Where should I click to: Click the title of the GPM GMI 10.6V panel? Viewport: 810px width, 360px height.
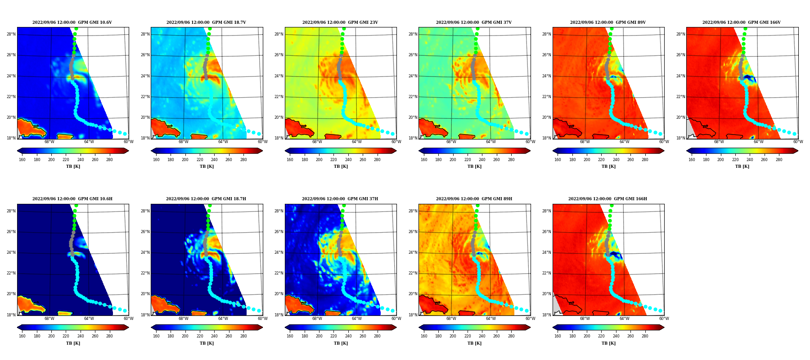[x=72, y=22]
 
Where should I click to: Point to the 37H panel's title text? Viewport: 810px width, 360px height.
[x=340, y=199]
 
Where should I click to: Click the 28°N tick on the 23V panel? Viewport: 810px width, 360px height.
[x=279, y=34]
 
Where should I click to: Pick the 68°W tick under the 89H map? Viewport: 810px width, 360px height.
[x=451, y=319]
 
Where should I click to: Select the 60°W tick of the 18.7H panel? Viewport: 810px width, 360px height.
[x=262, y=319]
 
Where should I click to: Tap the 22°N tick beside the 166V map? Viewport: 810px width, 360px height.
[x=680, y=97]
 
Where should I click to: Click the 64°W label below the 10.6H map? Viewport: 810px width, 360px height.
[x=89, y=319]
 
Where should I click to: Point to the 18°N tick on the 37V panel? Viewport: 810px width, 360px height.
[x=413, y=138]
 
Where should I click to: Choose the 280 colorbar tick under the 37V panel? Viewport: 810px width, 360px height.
[x=511, y=160]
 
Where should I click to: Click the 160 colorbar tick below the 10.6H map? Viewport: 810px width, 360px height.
[x=22, y=336]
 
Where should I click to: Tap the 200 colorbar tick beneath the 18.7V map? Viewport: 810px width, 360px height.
[x=185, y=160]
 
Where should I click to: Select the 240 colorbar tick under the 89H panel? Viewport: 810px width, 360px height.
[x=482, y=336]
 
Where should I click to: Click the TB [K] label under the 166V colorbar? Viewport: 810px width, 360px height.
[x=742, y=166]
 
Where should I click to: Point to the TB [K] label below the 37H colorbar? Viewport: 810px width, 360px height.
[x=341, y=343]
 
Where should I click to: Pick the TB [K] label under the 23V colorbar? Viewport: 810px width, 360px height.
[x=341, y=166]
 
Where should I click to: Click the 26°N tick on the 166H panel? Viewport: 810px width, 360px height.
[x=547, y=232]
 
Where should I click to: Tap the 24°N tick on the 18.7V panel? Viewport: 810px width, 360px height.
[x=145, y=76]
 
